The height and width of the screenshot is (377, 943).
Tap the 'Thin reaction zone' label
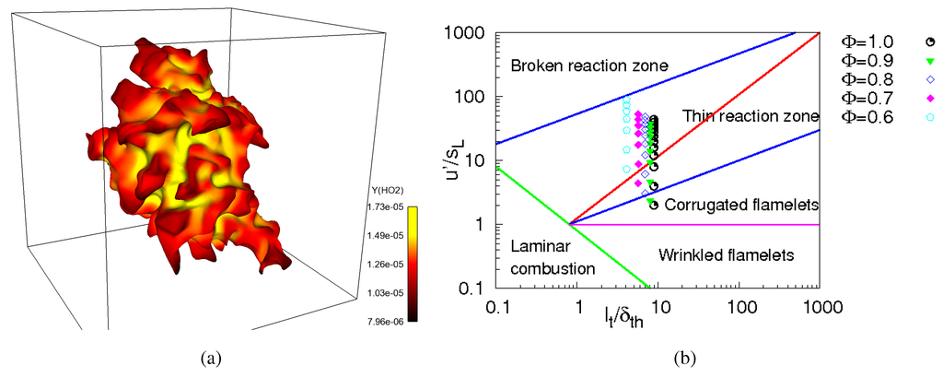(x=751, y=116)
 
